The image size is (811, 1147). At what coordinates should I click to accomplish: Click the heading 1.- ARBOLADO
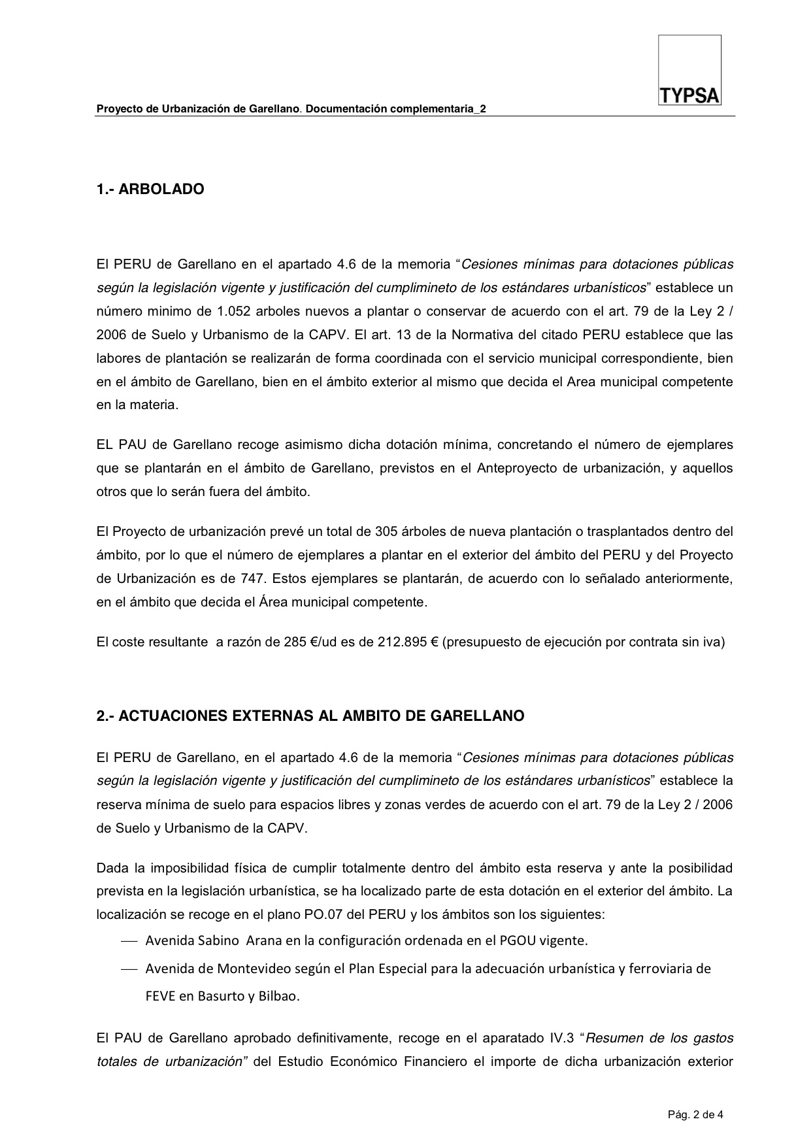(x=150, y=190)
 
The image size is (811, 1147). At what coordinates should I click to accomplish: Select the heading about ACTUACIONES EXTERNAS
(x=310, y=716)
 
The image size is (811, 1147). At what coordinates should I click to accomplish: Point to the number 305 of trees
(x=386, y=531)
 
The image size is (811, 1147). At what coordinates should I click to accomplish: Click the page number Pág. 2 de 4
(x=695, y=1114)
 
